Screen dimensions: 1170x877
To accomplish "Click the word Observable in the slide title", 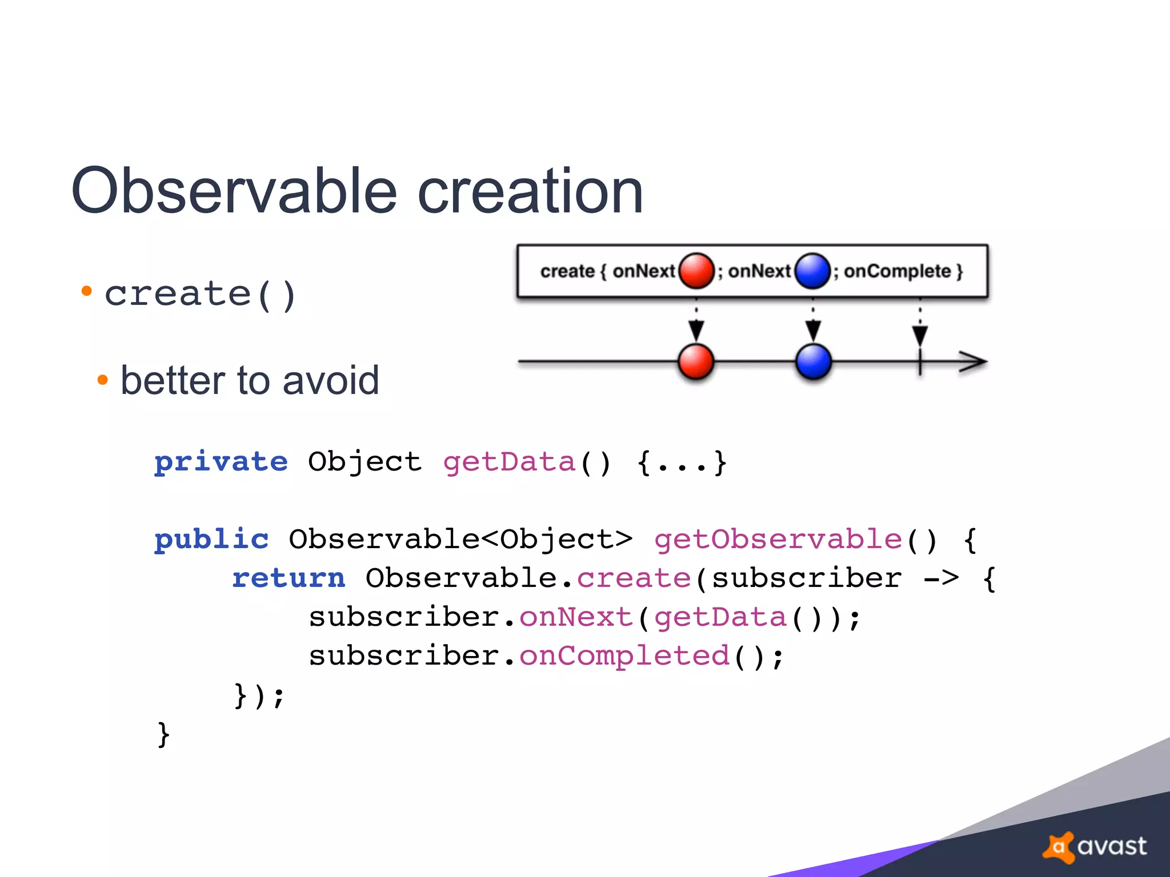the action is click(x=234, y=191).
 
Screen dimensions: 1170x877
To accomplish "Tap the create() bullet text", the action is click(x=200, y=295).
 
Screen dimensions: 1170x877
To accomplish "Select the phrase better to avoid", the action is click(x=250, y=380).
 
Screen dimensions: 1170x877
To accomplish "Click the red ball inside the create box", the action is click(x=696, y=270).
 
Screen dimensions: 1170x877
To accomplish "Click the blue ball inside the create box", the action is click(x=812, y=270).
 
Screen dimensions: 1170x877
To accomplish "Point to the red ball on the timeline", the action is click(x=696, y=361).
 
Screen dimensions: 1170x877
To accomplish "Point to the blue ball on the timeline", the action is click(x=813, y=361).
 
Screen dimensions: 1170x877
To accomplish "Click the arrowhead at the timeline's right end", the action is click(x=973, y=361).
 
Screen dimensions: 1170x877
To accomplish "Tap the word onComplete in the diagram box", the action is click(x=897, y=271).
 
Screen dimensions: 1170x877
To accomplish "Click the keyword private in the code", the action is click(x=221, y=461).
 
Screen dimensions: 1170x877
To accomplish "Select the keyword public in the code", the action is click(x=211, y=539).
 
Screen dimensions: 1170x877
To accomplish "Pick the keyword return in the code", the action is click(x=289, y=578).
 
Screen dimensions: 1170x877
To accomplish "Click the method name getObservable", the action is click(x=778, y=539).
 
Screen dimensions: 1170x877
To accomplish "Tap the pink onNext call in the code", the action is click(x=576, y=617).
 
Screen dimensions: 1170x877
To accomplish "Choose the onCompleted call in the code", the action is click(x=624, y=655).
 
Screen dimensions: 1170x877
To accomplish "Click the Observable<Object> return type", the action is click(x=460, y=539).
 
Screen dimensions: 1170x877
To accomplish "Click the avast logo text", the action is click(x=1112, y=846).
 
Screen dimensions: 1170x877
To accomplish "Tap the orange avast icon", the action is click(x=1059, y=847).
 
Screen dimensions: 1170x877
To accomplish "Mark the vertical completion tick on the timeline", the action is click(x=920, y=362).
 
